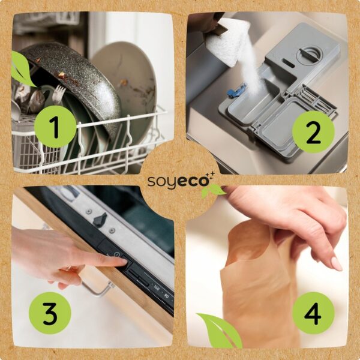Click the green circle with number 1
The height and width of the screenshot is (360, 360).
[55, 127]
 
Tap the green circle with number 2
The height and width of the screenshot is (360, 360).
[313, 132]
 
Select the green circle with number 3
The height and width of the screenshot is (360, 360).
[50, 313]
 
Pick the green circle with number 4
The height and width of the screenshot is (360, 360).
[313, 313]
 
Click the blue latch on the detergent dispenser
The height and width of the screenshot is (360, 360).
[236, 90]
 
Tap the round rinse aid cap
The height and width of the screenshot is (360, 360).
[309, 56]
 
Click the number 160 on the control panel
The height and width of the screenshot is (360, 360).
[157, 287]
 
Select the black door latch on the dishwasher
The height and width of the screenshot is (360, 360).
[100, 220]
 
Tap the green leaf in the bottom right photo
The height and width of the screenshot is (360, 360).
[219, 331]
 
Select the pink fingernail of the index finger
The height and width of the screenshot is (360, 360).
[337, 263]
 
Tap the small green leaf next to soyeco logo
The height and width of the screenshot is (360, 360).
[213, 190]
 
